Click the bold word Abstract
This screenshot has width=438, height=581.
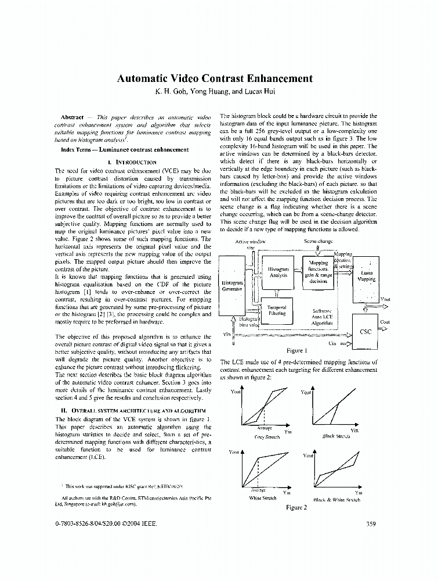pos(72,117)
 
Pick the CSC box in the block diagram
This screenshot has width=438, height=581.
pos(365,332)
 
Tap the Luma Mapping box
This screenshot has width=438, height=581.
pos(366,275)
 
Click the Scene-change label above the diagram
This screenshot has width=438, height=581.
pos(318,241)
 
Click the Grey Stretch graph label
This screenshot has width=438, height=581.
pos(267,436)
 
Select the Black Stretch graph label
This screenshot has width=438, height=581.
pos(336,436)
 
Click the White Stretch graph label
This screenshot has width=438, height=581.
pos(262,498)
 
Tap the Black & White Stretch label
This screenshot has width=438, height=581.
pos(336,499)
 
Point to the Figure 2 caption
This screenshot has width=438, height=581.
pos(296,507)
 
